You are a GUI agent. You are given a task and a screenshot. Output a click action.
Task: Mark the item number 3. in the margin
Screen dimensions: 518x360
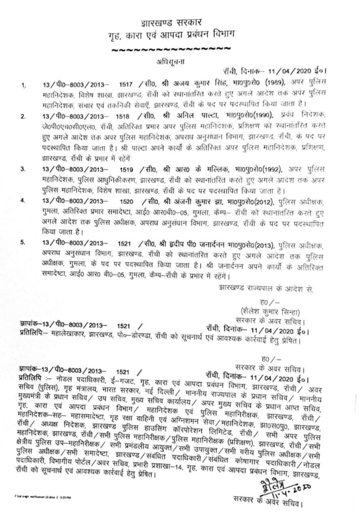pos(22,168)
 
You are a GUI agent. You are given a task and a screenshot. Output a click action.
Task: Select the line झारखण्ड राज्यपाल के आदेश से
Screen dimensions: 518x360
pos(271,289)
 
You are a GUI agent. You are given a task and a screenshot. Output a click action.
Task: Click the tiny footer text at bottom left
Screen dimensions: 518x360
pos(37,497)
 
